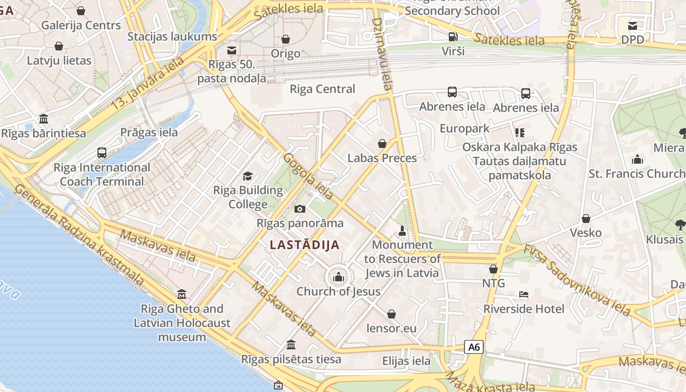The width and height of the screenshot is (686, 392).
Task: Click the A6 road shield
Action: click(474, 347)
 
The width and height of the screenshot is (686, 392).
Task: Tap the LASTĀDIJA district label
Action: click(305, 245)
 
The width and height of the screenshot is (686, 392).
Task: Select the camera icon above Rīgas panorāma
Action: click(300, 209)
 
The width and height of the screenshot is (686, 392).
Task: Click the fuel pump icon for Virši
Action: click(453, 36)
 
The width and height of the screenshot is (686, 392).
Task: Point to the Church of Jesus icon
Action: click(338, 277)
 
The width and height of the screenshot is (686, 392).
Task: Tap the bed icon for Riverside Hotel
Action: click(523, 294)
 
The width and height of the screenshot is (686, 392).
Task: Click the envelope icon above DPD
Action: click(633, 25)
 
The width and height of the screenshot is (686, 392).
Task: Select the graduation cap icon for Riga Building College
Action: click(248, 176)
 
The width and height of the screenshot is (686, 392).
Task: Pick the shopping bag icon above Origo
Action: click(285, 39)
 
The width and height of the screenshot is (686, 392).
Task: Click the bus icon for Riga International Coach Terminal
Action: click(102, 153)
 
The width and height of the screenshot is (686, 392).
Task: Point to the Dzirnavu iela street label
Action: click(382, 54)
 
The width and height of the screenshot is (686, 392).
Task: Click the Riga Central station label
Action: click(322, 89)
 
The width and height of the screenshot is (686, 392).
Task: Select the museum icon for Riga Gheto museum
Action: click(182, 294)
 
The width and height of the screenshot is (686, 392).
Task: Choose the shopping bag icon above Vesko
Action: click(586, 219)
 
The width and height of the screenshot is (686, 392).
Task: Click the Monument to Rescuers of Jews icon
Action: click(402, 230)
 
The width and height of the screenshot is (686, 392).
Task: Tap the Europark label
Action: click(464, 128)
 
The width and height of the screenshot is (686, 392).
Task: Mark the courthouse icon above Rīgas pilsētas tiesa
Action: click(291, 344)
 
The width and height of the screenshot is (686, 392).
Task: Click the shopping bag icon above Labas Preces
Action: click(382, 144)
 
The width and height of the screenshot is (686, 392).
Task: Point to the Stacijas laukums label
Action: click(172, 37)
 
